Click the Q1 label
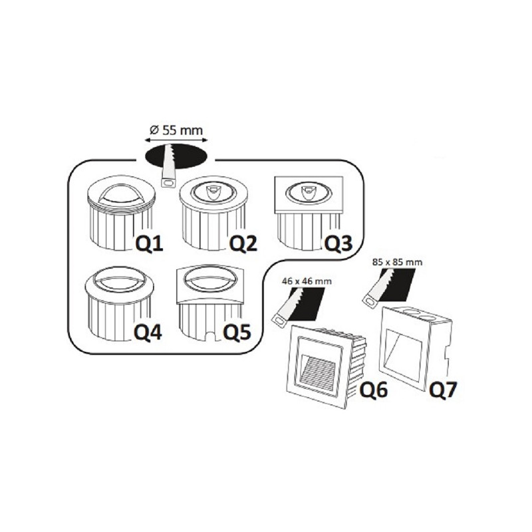pos(150,243)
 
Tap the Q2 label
pos(243,243)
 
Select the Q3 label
pos(338,243)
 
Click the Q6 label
pos(373,390)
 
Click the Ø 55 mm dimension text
pos(176,130)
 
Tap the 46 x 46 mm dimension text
pos(307,281)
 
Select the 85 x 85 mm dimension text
pos(397,262)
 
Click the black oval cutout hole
pos(176,156)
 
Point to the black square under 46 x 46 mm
pos(307,304)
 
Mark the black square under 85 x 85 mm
pos(397,285)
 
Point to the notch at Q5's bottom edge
pos(212,336)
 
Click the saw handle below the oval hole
pos(168,184)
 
